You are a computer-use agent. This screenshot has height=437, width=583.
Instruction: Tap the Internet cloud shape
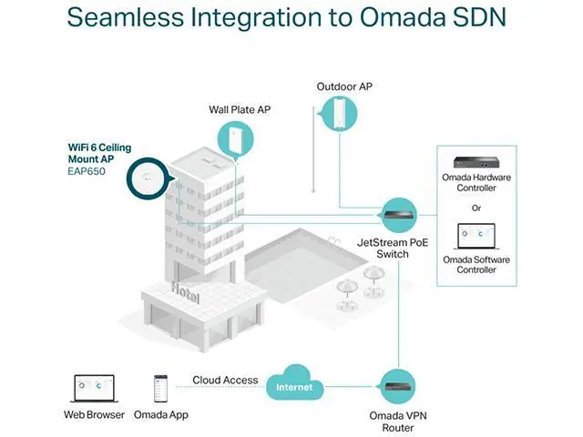click(294, 386)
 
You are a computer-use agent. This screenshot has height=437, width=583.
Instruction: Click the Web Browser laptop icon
click(93, 387)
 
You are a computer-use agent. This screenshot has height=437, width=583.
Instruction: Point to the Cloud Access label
click(224, 380)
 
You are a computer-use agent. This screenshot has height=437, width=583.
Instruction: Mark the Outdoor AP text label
click(344, 86)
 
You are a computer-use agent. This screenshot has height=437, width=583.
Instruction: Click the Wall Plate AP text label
click(240, 109)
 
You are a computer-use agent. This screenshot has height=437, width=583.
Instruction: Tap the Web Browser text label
click(93, 415)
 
